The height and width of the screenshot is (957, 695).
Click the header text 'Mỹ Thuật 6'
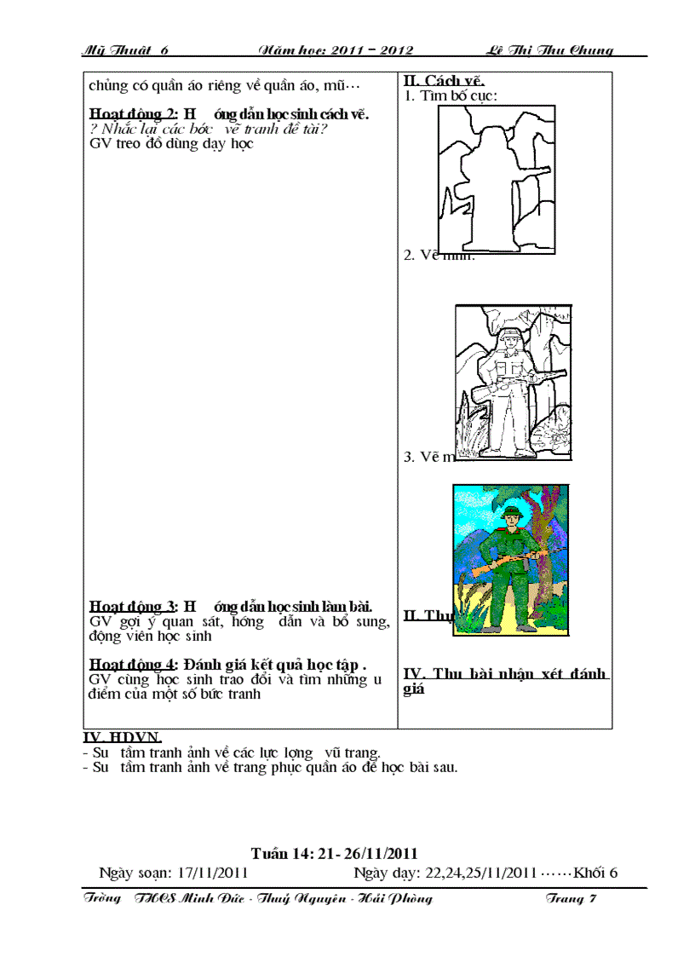point(125,50)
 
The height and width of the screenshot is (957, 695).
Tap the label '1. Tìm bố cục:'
point(451,95)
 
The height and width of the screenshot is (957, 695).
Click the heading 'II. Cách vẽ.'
point(443,82)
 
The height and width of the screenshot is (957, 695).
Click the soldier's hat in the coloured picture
point(513,511)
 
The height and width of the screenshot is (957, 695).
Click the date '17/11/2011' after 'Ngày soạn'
point(213,873)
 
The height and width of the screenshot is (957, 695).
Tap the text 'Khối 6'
point(595,873)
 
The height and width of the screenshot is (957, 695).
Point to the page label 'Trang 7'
point(570,899)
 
